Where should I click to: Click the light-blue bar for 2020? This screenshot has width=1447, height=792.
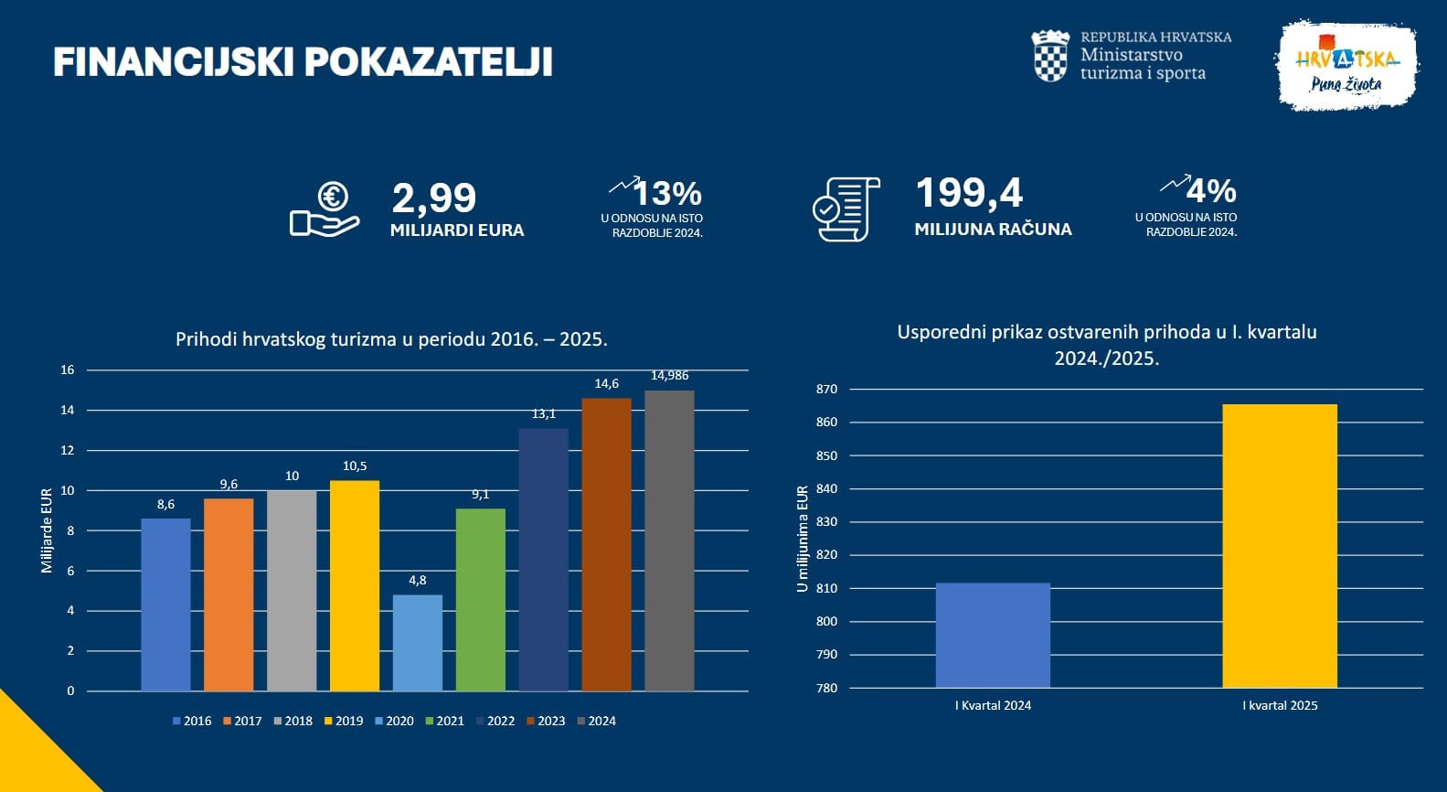pyautogui.click(x=418, y=642)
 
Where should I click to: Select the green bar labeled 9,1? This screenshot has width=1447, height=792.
pyautogui.click(x=481, y=599)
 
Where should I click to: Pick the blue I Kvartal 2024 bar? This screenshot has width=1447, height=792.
pyautogui.click(x=993, y=635)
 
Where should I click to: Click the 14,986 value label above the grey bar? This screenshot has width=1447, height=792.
pyautogui.click(x=669, y=376)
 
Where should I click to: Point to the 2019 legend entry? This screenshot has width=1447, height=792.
pyautogui.click(x=344, y=721)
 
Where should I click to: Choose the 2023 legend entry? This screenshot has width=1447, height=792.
pyautogui.click(x=546, y=721)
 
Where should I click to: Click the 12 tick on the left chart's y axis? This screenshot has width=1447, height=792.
pyautogui.click(x=68, y=450)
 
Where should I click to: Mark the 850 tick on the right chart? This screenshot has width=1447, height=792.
pyautogui.click(x=826, y=455)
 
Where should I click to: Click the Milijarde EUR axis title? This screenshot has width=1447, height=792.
pyautogui.click(x=47, y=530)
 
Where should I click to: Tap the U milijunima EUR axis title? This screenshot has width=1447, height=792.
pyautogui.click(x=803, y=539)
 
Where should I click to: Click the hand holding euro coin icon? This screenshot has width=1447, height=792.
pyautogui.click(x=325, y=209)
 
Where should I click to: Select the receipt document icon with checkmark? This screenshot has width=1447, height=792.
pyautogui.click(x=846, y=209)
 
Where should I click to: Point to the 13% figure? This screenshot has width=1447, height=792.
pyautogui.click(x=667, y=194)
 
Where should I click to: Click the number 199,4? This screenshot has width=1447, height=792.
pyautogui.click(x=969, y=193)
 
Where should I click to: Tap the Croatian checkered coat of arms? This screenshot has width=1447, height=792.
pyautogui.click(x=1050, y=56)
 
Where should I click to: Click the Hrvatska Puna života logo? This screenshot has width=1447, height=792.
pyautogui.click(x=1346, y=66)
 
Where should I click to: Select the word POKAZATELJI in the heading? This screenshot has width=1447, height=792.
pyautogui.click(x=428, y=62)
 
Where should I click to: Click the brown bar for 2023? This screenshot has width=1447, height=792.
pyautogui.click(x=606, y=544)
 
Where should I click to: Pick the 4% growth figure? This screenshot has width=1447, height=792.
pyautogui.click(x=1211, y=191)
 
